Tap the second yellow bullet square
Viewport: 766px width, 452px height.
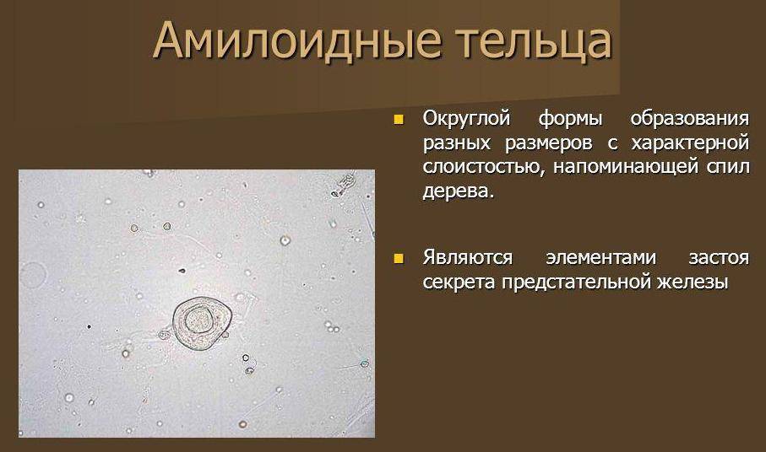(x=400, y=256)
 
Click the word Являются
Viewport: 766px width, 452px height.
(x=465, y=256)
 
